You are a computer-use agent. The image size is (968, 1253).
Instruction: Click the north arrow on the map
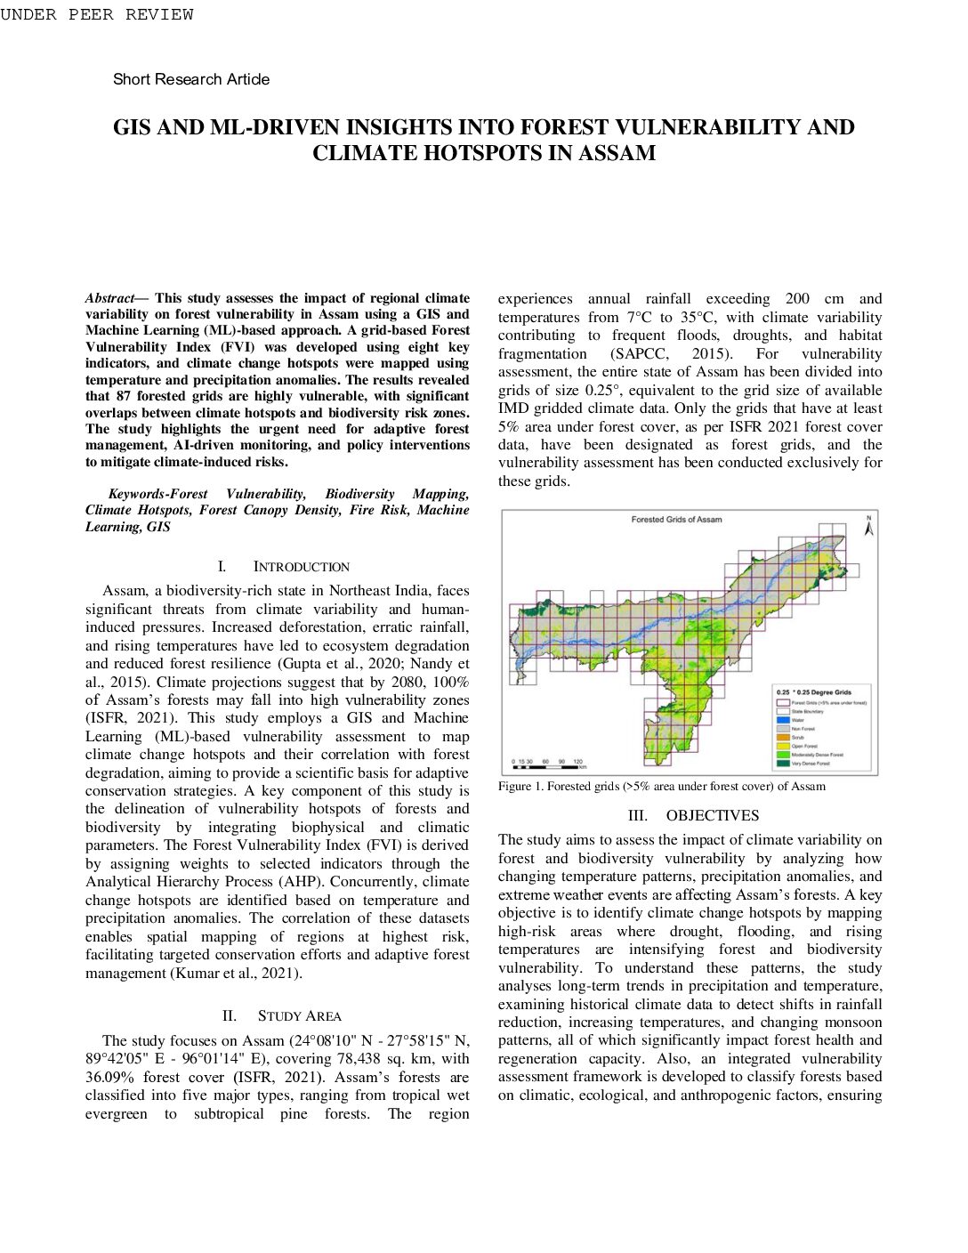[869, 526]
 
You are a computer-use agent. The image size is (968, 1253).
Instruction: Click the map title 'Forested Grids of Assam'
[676, 520]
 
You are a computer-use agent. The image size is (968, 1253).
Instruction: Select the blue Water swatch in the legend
[783, 720]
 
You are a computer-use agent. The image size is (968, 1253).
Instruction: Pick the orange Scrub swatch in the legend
[783, 737]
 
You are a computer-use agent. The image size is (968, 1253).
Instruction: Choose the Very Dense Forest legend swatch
[783, 763]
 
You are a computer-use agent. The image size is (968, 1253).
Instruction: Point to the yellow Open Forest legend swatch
[783, 746]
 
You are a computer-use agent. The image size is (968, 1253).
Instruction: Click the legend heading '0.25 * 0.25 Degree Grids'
[814, 691]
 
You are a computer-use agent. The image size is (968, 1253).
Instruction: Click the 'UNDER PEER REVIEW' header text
[96, 14]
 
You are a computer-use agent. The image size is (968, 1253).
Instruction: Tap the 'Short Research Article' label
[191, 79]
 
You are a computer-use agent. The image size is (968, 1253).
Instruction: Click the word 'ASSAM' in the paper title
[617, 153]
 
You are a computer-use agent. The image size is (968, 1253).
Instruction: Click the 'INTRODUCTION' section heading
[302, 567]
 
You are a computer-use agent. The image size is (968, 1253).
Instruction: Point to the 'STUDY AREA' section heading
[299, 1016]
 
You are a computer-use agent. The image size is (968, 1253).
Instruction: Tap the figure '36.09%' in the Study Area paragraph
[109, 1077]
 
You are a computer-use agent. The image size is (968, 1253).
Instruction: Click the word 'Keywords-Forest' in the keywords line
[157, 494]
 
